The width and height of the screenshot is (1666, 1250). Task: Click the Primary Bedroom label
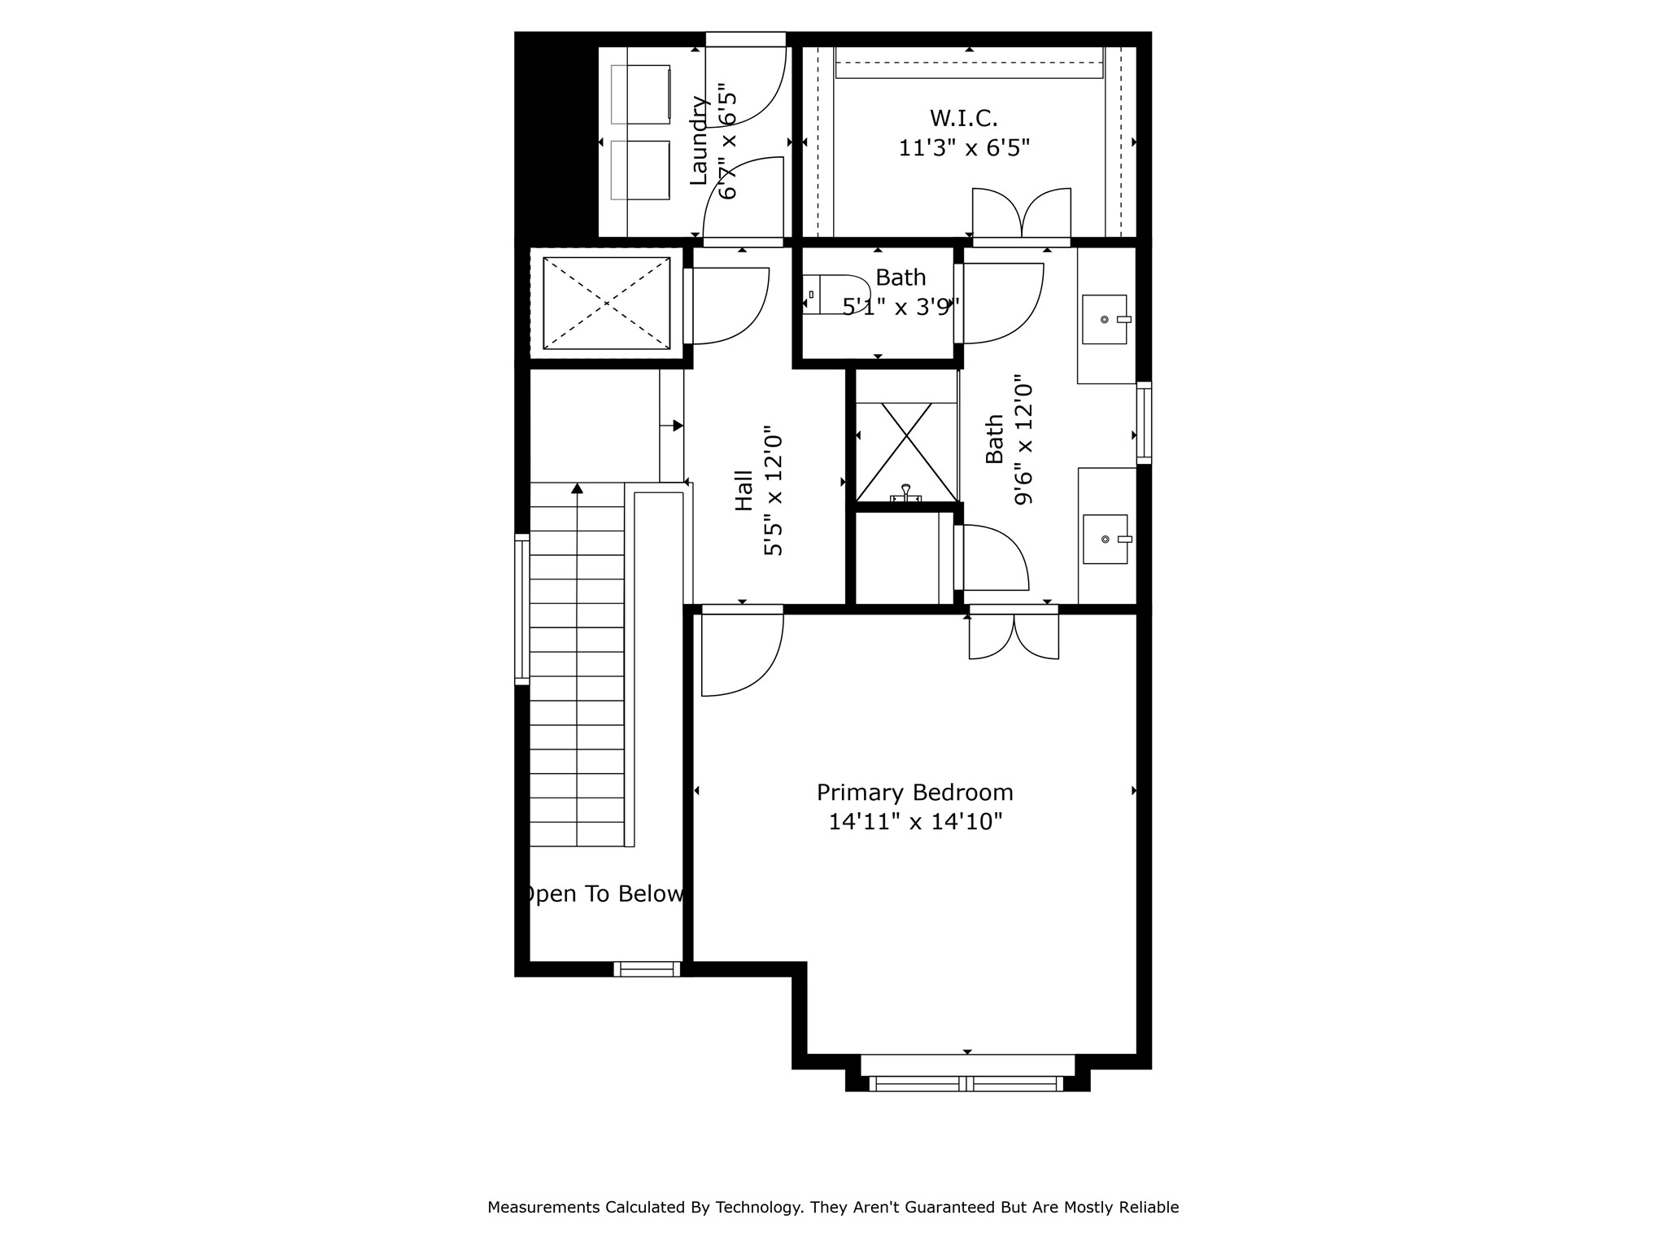(914, 793)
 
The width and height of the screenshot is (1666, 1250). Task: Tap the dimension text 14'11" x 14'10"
(914, 822)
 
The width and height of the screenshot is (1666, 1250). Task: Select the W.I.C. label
(963, 119)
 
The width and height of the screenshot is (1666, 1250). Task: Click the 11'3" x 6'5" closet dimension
(963, 148)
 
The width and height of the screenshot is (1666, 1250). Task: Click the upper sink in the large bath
(1105, 319)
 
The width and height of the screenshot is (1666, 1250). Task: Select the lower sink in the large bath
(1105, 539)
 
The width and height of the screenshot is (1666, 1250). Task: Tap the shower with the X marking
(906, 452)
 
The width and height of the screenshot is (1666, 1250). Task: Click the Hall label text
(744, 491)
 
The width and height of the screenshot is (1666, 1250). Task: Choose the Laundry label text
(698, 141)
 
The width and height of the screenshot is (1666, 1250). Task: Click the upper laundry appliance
(641, 94)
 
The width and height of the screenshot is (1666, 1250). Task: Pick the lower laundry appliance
(641, 169)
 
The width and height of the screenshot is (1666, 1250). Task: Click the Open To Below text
(603, 894)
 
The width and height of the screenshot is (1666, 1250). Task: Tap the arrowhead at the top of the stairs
(577, 488)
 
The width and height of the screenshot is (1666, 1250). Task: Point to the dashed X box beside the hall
(606, 304)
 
